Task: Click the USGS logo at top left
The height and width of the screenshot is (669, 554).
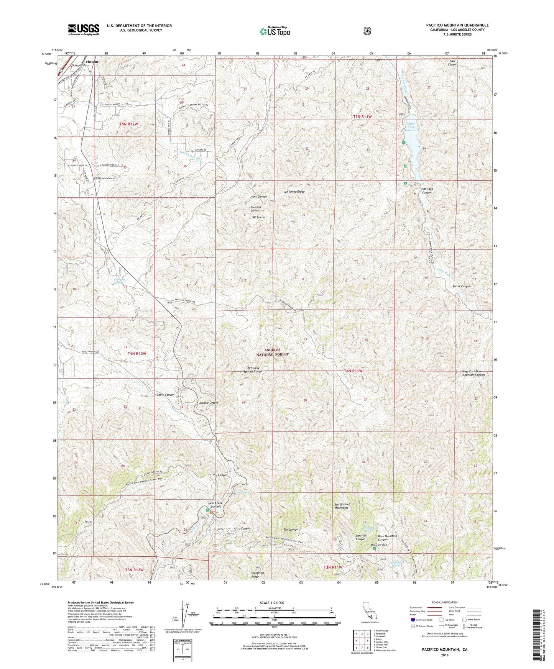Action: [x=84, y=29]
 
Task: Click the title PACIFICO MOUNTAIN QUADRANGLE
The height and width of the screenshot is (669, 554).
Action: [x=457, y=25]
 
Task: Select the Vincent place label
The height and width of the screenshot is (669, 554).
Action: [x=92, y=62]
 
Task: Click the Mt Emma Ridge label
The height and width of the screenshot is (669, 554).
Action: [x=294, y=192]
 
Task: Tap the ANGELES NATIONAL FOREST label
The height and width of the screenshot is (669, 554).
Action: [x=276, y=352]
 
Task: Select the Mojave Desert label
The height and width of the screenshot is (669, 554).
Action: [x=209, y=403]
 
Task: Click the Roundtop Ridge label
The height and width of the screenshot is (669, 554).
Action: [x=258, y=574]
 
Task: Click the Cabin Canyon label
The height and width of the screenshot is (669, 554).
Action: [x=166, y=394]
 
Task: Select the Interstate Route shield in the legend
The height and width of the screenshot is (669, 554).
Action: [x=413, y=619]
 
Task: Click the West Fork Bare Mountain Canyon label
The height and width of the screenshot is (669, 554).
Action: [x=473, y=373]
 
